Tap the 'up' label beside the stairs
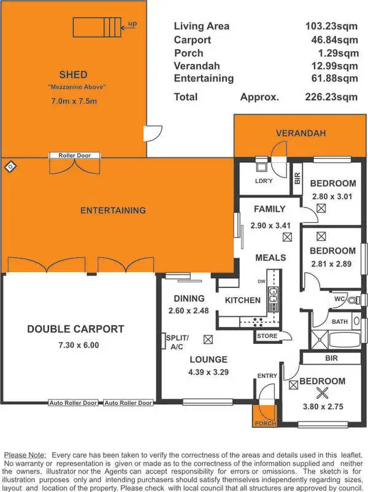tap(132, 25)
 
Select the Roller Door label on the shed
tap(74, 155)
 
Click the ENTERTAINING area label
tap(113, 210)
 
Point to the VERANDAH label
tap(301, 133)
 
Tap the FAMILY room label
tap(270, 209)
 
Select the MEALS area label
tap(270, 257)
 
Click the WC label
tap(339, 299)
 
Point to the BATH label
tap(340, 321)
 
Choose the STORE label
tap(267, 336)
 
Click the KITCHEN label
tap(243, 300)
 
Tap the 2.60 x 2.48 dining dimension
tap(189, 311)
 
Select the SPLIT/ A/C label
tap(177, 342)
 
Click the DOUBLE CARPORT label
tap(75, 329)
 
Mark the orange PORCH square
tap(266, 416)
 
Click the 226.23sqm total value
tap(331, 96)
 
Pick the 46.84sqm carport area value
tap(331, 39)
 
